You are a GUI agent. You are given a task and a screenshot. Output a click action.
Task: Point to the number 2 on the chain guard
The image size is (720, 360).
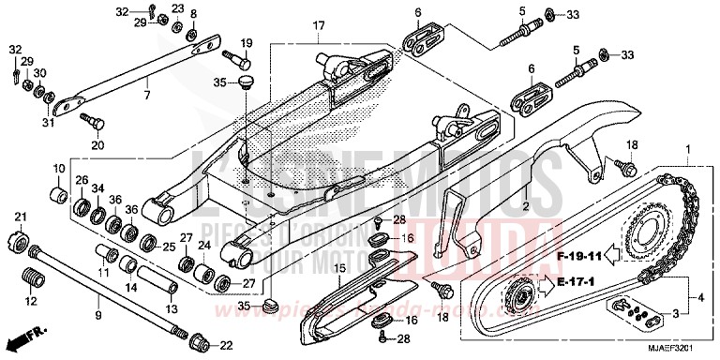tap(526, 204)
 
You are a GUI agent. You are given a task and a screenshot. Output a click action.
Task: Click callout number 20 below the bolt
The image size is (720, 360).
tap(95, 145)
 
